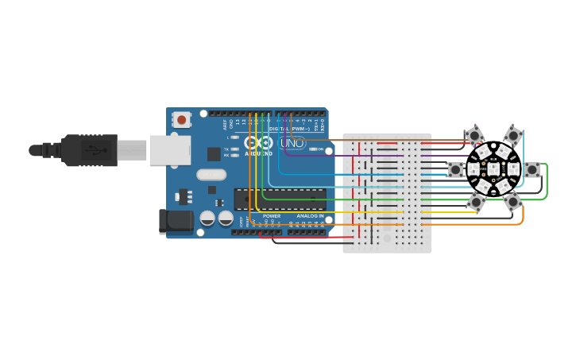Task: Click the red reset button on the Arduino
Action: tap(182, 120)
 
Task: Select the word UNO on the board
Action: tap(292, 143)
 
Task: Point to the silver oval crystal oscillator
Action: tap(211, 175)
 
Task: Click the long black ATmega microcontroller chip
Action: tap(280, 199)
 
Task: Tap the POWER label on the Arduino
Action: tap(272, 216)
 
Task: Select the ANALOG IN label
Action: tap(310, 216)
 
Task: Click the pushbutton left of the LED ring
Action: tap(455, 169)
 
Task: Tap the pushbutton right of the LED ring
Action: tap(532, 169)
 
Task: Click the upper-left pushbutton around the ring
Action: tap(474, 136)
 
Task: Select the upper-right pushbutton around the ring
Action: tap(512, 136)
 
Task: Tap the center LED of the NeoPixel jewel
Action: tap(493, 169)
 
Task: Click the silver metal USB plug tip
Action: tap(133, 149)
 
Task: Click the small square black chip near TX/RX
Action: tap(214, 154)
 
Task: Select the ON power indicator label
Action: tap(320, 149)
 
